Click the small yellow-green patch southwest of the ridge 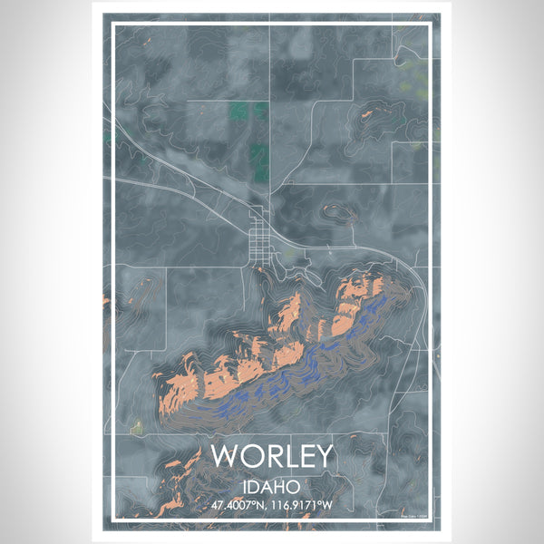[x=137, y=426]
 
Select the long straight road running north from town [x=269, y=109]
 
